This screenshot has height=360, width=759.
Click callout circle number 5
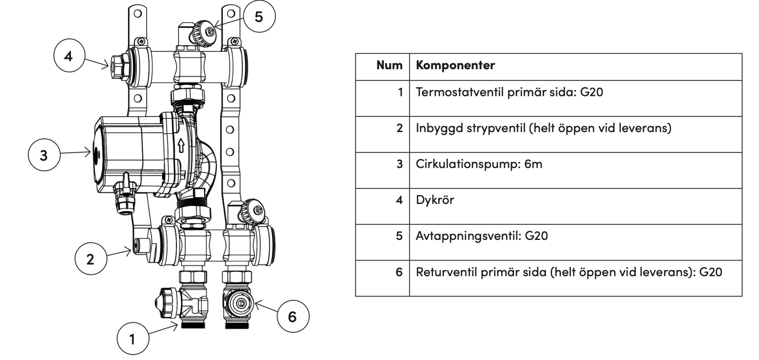(x=259, y=17)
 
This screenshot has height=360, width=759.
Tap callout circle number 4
(x=69, y=56)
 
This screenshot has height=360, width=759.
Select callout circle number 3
(x=44, y=155)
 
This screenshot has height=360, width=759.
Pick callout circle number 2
(x=90, y=259)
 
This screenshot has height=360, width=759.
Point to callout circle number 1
(x=133, y=339)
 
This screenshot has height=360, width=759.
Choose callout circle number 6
(x=293, y=316)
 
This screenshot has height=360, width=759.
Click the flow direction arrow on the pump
(x=181, y=145)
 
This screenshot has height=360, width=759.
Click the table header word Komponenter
(x=455, y=65)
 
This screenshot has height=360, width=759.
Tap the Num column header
(x=389, y=65)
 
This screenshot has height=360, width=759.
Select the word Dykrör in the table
(x=435, y=200)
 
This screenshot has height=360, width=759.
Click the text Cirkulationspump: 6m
(x=479, y=164)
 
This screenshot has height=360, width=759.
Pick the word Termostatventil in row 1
(x=459, y=92)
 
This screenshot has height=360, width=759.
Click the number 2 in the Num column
(x=399, y=128)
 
